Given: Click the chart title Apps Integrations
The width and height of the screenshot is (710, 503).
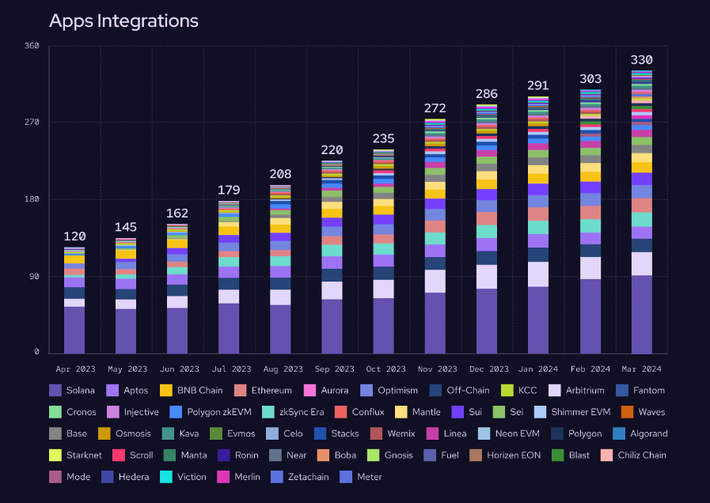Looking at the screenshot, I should coord(123,21).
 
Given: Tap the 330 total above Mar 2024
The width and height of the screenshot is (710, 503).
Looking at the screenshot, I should coord(641,60).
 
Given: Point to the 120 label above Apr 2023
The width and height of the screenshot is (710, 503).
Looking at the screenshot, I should coord(74,236).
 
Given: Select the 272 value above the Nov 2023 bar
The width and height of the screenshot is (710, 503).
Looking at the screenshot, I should coord(435,108).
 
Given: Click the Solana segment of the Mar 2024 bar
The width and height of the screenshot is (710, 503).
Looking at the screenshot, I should coord(641,314).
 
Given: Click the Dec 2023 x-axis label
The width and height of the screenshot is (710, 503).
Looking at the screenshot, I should coord(487,369).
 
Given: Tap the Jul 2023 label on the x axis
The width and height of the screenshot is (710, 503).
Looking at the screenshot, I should coord(230,369).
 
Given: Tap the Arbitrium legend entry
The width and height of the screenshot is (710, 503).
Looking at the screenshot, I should coord(577,391).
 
